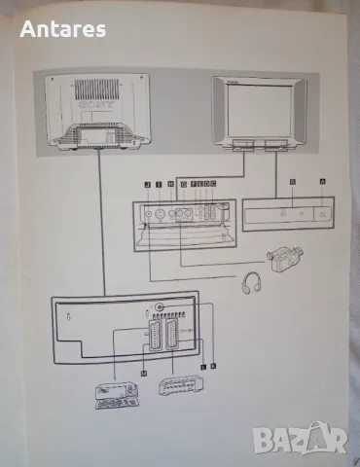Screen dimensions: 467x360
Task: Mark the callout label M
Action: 144,374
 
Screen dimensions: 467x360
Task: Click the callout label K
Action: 213,366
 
